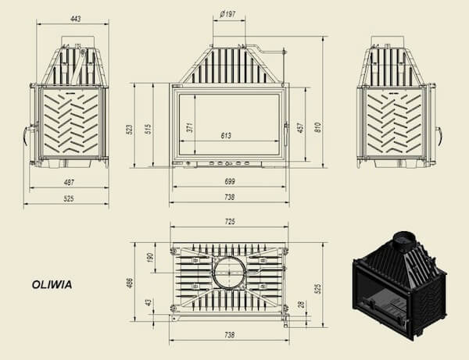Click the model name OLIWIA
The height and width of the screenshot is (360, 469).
[52, 284]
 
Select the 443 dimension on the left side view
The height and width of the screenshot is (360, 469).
[76, 19]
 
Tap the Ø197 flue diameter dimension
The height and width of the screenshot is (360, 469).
[228, 14]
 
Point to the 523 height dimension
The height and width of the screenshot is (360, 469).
[130, 130]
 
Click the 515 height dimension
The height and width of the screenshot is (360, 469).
[149, 129]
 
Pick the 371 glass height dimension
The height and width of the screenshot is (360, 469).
[190, 127]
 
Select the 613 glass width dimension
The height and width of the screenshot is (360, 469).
[226, 136]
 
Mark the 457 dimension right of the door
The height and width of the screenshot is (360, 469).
[301, 127]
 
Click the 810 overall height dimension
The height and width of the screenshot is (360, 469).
[318, 127]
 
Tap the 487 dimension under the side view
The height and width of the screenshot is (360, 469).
[69, 182]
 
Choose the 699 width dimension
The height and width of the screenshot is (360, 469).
[229, 181]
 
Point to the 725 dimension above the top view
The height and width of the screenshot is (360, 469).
[229, 221]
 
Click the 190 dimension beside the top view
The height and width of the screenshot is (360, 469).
[150, 258]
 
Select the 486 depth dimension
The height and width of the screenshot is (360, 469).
[130, 283]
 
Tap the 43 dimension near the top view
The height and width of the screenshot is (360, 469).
[149, 302]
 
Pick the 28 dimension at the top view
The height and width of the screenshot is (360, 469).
[302, 305]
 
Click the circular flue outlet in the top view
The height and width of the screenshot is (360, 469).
[229, 273]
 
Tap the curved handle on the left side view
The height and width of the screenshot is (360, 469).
[25, 136]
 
